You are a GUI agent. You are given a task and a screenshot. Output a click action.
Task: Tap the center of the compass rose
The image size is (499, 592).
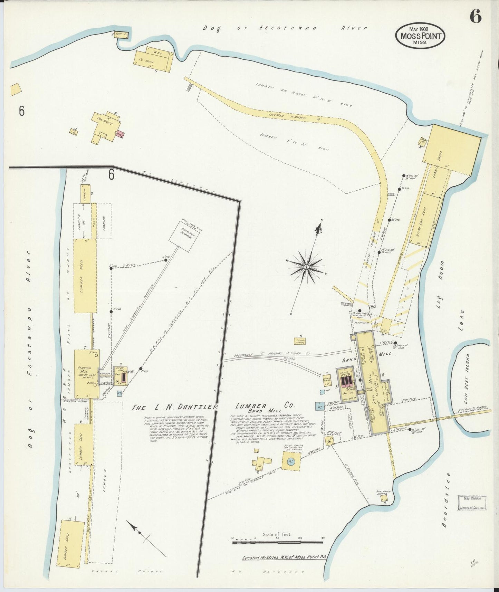[x=307, y=267]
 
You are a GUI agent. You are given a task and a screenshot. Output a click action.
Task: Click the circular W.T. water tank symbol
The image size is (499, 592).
[x=290, y=461]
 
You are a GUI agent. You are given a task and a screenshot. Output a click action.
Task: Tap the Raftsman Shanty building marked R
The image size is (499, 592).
[x=383, y=498]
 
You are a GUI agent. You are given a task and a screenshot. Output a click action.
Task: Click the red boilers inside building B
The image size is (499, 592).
[x=346, y=381]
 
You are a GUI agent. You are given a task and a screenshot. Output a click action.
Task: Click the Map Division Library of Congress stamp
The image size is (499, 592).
[x=472, y=503]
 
